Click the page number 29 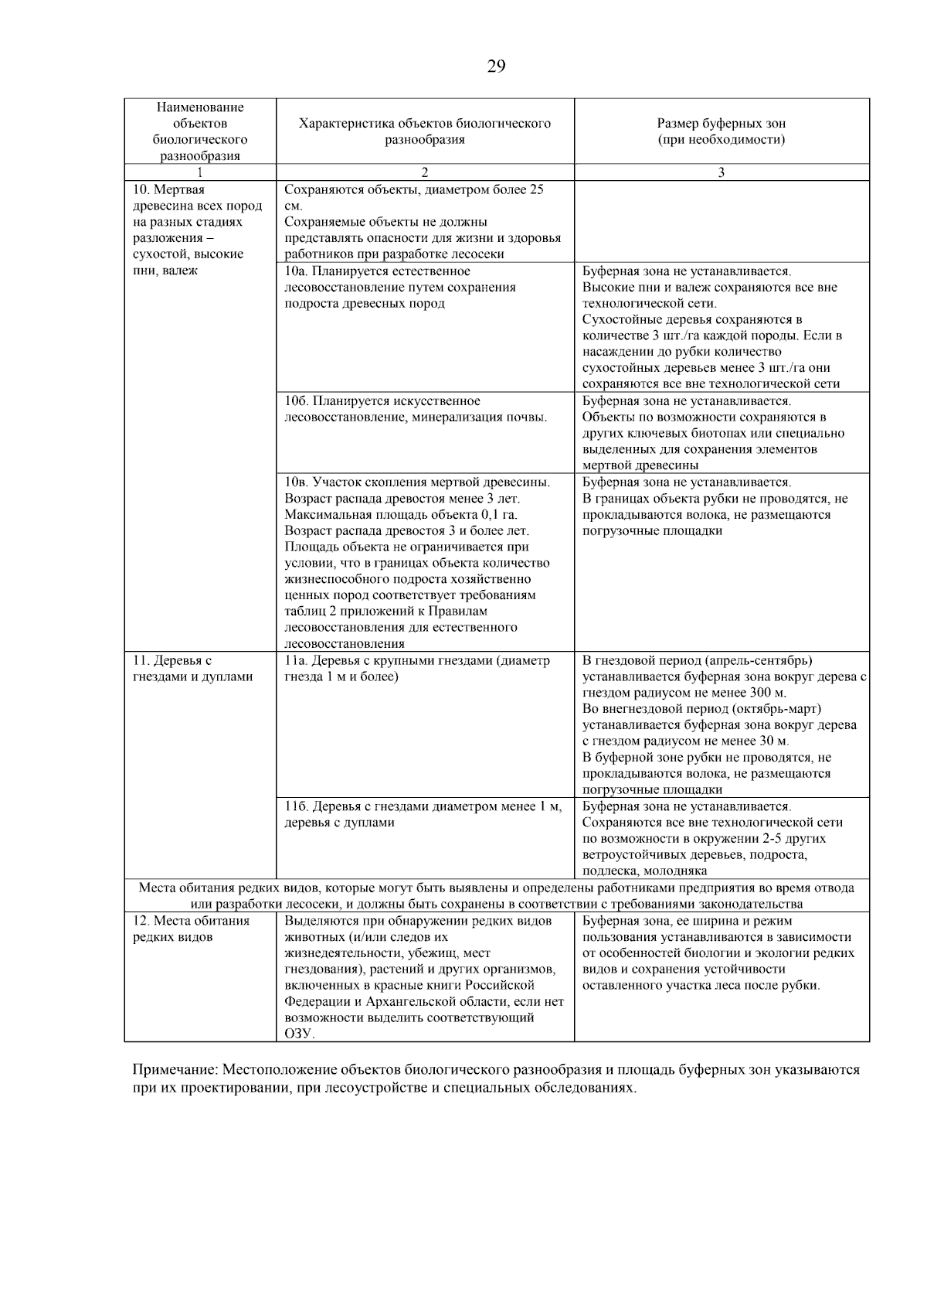click(x=496, y=66)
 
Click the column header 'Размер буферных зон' click(x=721, y=123)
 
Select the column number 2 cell click(x=424, y=172)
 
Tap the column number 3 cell click(x=721, y=172)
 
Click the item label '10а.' click(x=297, y=271)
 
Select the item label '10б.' click(x=297, y=401)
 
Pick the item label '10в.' click(x=297, y=482)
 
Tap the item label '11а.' click(x=297, y=661)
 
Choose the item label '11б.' click(x=297, y=807)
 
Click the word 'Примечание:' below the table click(x=175, y=1070)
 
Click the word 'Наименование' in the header click(x=200, y=107)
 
